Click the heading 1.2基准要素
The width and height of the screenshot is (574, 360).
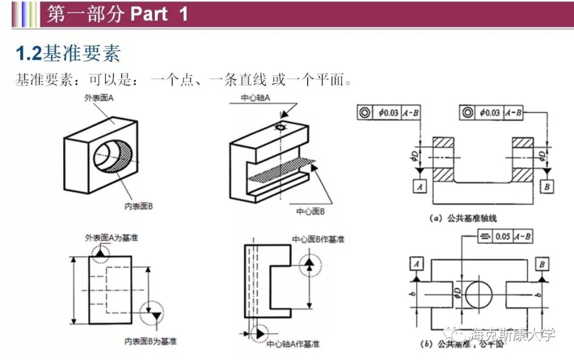tap(68, 54)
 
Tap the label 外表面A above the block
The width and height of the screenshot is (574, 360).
tap(97, 98)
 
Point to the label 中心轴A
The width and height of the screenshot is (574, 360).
tap(256, 98)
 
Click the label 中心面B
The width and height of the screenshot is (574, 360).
tap(310, 212)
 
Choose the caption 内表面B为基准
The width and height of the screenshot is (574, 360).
tap(150, 341)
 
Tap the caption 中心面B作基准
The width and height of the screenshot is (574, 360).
tap(318, 239)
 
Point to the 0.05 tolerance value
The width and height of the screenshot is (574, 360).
tap(502, 237)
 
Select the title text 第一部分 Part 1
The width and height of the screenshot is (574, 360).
tap(117, 14)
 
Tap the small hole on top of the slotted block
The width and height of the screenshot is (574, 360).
tap(280, 128)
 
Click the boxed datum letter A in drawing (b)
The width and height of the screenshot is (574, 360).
tap(417, 264)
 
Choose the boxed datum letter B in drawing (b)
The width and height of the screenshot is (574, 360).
tap(542, 264)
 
